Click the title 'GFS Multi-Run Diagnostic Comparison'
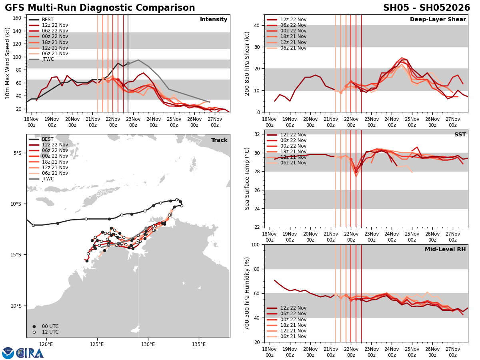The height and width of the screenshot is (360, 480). pyautogui.click(x=100, y=8)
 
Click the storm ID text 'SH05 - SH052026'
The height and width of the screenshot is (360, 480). pyautogui.click(x=426, y=8)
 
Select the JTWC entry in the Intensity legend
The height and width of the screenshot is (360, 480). pyautogui.click(x=48, y=59)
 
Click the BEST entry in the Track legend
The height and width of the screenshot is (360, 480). pyautogui.click(x=48, y=139)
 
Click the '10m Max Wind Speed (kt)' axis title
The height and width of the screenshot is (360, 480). pyautogui.click(x=8, y=63)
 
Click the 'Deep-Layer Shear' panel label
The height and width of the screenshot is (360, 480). pyautogui.click(x=438, y=20)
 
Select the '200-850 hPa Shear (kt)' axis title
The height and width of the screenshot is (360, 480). pyautogui.click(x=247, y=63)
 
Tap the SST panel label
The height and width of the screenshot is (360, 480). pyautogui.click(x=460, y=135)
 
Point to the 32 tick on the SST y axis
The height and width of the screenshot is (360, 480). pyautogui.click(x=257, y=134)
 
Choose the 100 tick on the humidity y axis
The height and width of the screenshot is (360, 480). pyautogui.click(x=256, y=244)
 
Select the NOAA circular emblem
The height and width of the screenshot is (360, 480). pyautogui.click(x=8, y=353)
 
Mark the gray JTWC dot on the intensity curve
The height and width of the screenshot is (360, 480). pyautogui.click(x=128, y=63)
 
